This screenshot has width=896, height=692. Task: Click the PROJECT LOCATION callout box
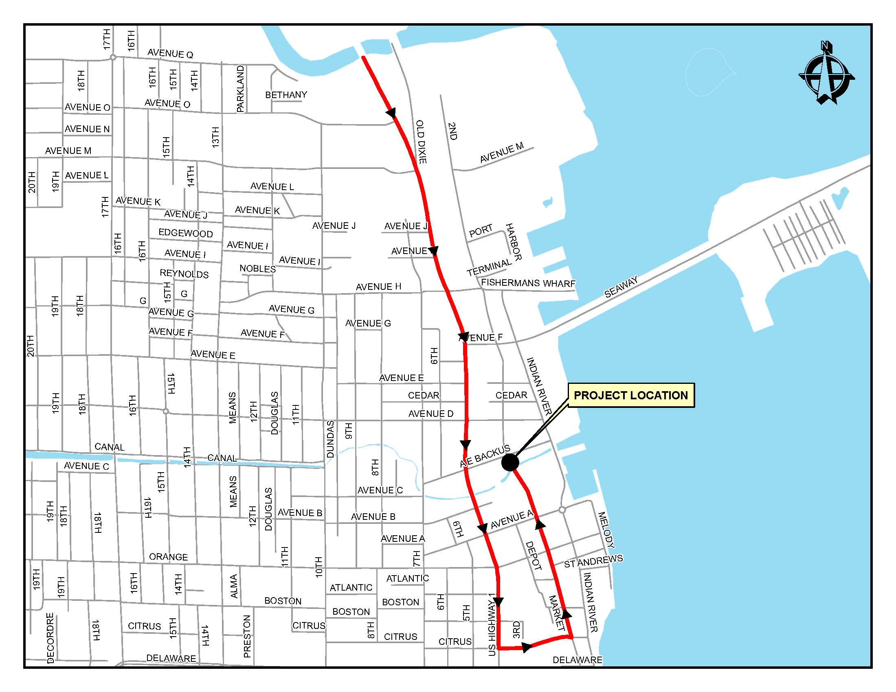tap(630, 395)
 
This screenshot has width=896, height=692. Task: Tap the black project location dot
tap(510, 462)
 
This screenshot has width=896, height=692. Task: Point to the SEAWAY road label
tap(621, 287)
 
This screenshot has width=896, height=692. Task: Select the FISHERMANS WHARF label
tap(528, 283)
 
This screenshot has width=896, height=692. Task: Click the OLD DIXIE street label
tap(422, 141)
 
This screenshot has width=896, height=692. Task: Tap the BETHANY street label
tap(286, 95)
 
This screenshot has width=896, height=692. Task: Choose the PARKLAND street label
tap(240, 89)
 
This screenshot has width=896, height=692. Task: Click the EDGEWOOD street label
tap(185, 233)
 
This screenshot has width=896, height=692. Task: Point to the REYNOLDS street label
tap(184, 274)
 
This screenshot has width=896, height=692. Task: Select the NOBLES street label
tap(257, 269)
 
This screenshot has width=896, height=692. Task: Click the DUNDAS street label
tap(331, 439)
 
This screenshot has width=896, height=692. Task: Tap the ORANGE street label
tap(168, 557)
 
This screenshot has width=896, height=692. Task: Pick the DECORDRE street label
tap(50, 638)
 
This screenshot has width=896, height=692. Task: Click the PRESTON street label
tap(246, 636)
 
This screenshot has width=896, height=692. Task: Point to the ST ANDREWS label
tap(593, 561)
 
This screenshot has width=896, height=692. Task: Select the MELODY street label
tap(606, 530)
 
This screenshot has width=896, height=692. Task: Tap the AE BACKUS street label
tap(485, 456)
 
